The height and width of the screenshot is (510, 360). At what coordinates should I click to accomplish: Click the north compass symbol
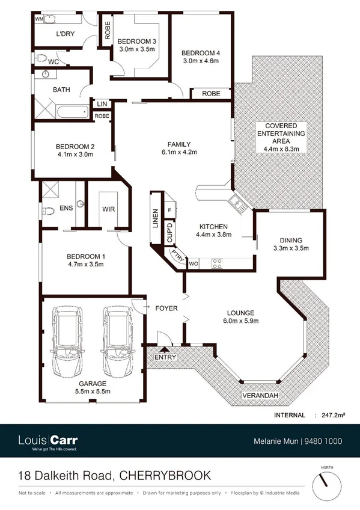(x=325, y=481)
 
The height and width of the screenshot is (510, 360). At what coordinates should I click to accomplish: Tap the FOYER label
(x=166, y=309)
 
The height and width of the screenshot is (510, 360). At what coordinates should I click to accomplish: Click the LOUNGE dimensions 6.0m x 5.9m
(x=240, y=321)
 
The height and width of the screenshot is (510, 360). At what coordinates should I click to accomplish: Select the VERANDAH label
(x=259, y=396)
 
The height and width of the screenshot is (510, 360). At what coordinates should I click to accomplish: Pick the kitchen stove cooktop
(x=216, y=262)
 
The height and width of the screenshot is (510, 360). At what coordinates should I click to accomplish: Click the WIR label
(x=109, y=209)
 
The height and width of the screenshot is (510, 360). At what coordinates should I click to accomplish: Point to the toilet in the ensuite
(x=47, y=211)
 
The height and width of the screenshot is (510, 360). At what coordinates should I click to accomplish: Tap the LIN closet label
(x=101, y=104)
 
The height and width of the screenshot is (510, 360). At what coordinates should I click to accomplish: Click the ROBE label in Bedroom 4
(x=210, y=94)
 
